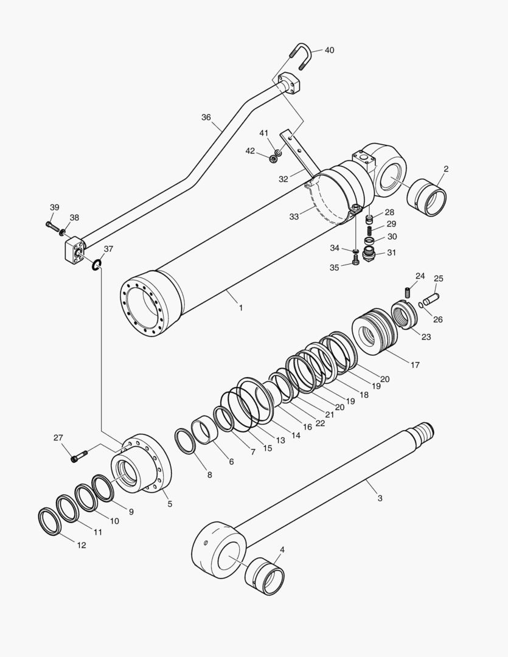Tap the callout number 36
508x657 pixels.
click(x=206, y=117)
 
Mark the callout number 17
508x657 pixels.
click(x=415, y=365)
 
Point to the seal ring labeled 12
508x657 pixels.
click(x=50, y=521)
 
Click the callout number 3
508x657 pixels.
click(x=380, y=498)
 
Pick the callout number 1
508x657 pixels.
click(x=240, y=308)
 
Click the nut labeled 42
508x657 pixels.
click(x=274, y=159)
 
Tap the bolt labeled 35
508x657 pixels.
click(x=356, y=260)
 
